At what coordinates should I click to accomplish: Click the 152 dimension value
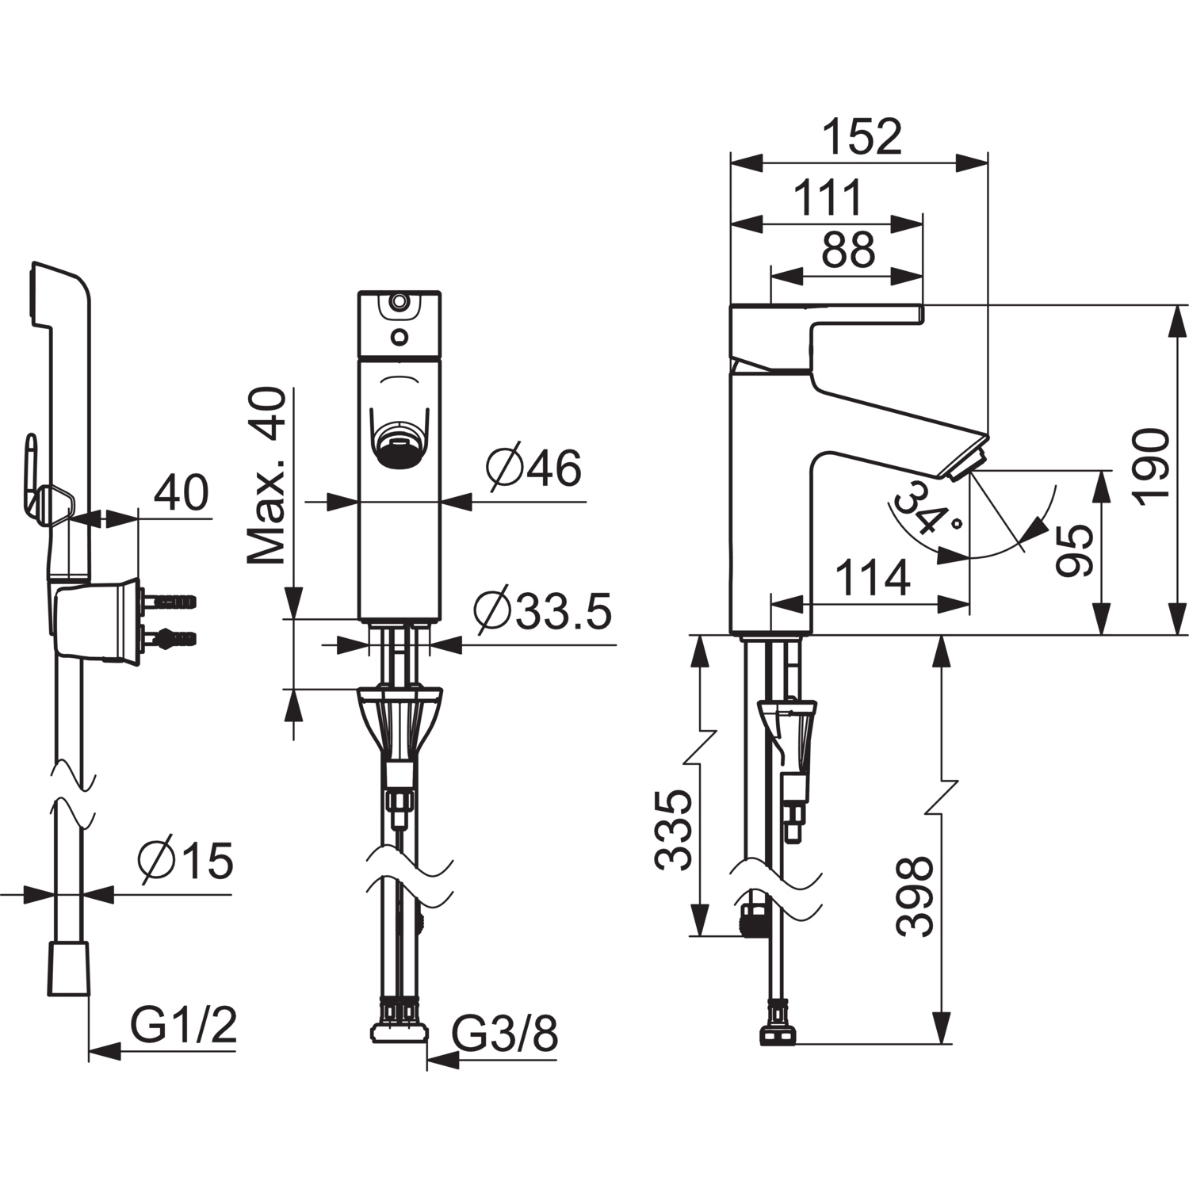tap(862, 137)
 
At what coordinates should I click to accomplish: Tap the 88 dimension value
tap(848, 250)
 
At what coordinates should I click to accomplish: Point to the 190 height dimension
tap(1150, 465)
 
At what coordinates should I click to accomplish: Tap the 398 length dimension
tap(916, 896)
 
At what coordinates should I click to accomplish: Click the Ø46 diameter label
tap(534, 468)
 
